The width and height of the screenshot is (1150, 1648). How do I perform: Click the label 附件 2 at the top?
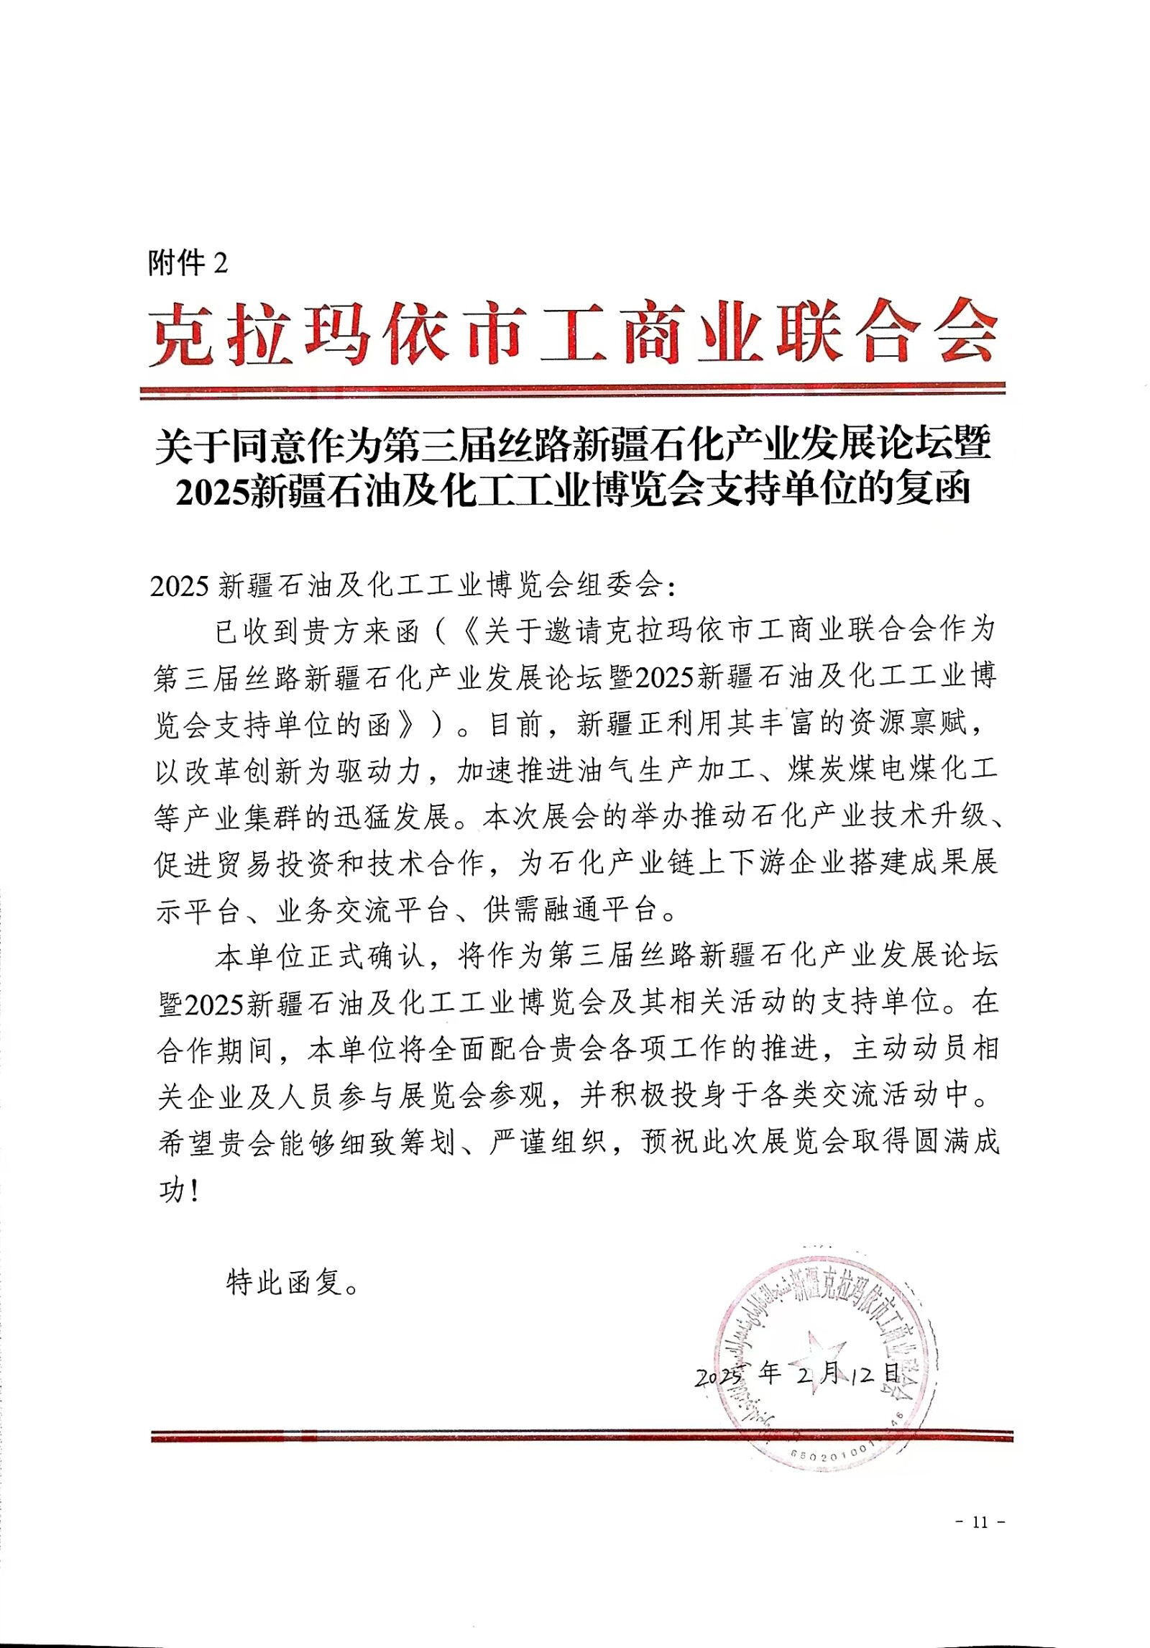coord(188,264)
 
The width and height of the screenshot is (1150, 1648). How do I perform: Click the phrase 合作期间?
coord(216,1050)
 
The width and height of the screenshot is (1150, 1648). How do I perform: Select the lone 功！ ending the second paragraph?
coord(177,1191)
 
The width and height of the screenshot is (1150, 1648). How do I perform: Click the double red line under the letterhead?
coord(572,391)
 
